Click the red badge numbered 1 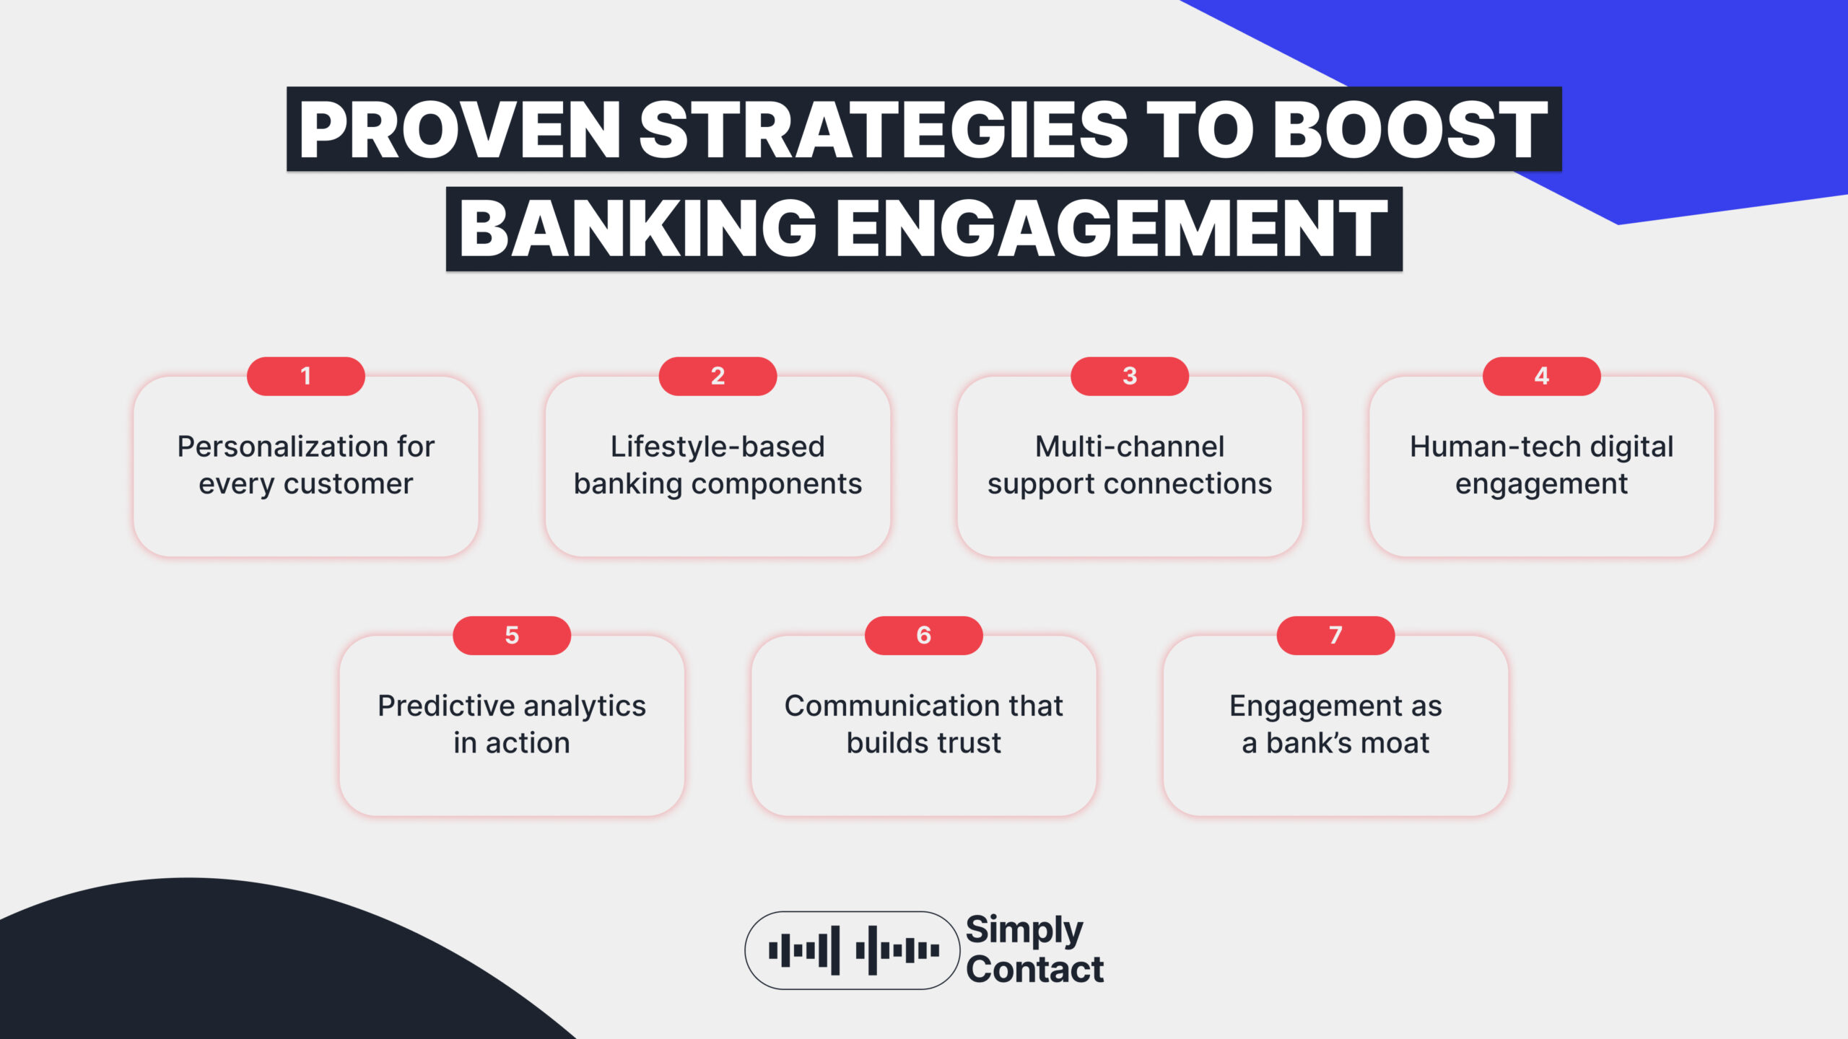click(x=305, y=376)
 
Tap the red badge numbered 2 click(x=718, y=376)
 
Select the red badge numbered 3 click(x=1130, y=376)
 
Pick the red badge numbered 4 click(x=1541, y=376)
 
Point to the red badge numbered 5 click(x=512, y=635)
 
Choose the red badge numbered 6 click(x=923, y=635)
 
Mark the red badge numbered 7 click(x=1335, y=635)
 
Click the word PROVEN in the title click(x=459, y=130)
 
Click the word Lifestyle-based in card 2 click(x=718, y=447)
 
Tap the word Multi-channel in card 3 click(x=1130, y=447)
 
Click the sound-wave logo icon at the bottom click(x=853, y=950)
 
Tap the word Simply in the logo click(x=1024, y=929)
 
